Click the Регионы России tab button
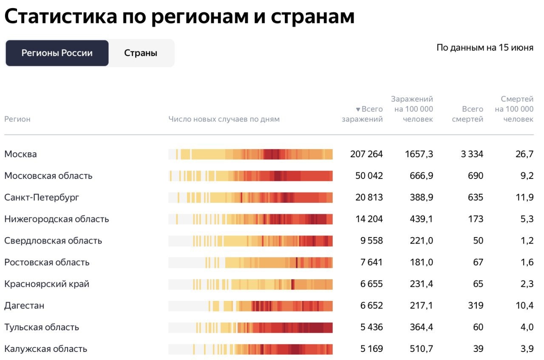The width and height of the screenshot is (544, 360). [57, 53]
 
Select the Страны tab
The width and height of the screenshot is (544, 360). [141, 53]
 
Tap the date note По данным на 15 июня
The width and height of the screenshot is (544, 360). [484, 48]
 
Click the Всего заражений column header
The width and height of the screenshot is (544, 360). [363, 114]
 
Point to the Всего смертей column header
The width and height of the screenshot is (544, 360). [467, 114]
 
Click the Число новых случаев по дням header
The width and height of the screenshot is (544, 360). [224, 119]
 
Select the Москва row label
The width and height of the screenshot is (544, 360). [20, 154]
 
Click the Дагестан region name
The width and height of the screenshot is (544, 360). [24, 306]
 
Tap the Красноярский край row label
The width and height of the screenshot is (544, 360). [47, 284]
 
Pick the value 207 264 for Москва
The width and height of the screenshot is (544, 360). [366, 154]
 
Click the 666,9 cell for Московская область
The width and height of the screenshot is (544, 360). [419, 176]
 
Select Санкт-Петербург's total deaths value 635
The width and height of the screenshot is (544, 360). [475, 197]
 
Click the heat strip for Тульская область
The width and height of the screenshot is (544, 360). [250, 327]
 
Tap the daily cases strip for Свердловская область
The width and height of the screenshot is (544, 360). [250, 241]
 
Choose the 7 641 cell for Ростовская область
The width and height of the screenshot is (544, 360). [371, 262]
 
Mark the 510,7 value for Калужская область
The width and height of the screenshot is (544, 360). [419, 349]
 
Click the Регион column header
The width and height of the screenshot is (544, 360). [17, 119]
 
